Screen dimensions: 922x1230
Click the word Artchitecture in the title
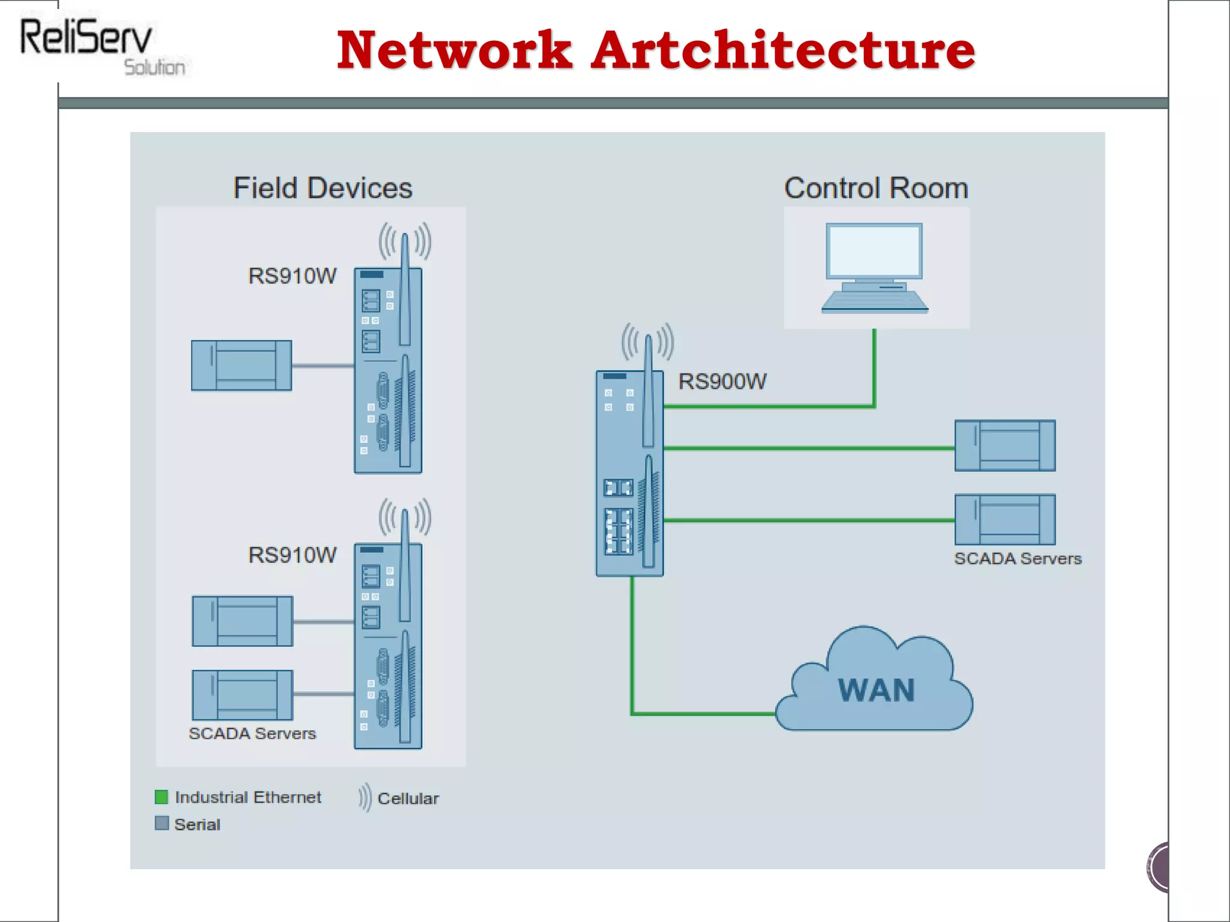(783, 50)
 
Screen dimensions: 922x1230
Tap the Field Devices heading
(323, 188)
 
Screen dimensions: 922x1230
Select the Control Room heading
(876, 188)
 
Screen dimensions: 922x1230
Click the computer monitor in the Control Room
(874, 252)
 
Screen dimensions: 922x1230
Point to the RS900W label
(723, 382)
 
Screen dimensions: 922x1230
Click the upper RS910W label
(292, 276)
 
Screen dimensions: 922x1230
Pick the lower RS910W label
(292, 555)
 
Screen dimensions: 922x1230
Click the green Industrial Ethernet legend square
(162, 797)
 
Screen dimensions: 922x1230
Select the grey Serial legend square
(162, 824)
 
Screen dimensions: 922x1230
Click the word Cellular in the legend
(408, 799)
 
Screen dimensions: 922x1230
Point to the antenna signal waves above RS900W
(647, 341)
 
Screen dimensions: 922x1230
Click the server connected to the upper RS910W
(241, 366)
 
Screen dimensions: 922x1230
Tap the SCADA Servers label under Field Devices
(252, 734)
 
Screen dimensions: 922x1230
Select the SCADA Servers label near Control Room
(1017, 559)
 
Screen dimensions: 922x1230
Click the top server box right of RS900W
(1005, 445)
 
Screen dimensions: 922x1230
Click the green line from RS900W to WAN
(632, 660)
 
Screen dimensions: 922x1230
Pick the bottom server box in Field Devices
(243, 695)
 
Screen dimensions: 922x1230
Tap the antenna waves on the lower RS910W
(405, 516)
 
